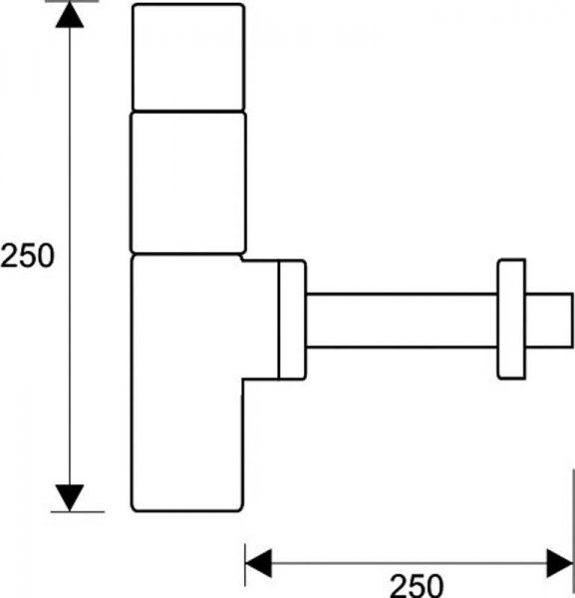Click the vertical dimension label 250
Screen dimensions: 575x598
(x=28, y=255)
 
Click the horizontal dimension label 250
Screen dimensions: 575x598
(x=417, y=585)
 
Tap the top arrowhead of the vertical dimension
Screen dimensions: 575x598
(x=70, y=14)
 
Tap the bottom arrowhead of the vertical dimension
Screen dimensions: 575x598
(x=70, y=497)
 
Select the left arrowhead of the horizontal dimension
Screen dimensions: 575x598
(x=258, y=563)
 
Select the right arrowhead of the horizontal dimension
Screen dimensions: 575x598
(x=560, y=563)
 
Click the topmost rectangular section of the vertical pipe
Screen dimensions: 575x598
(x=188, y=57)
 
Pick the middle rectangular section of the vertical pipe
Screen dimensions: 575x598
(x=188, y=182)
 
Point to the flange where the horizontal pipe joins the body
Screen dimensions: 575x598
(x=292, y=320)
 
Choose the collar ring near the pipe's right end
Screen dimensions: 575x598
(x=511, y=319)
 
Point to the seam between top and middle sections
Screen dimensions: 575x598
(x=188, y=112)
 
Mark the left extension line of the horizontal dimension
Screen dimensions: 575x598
(x=245, y=564)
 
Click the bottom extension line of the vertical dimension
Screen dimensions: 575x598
(x=78, y=512)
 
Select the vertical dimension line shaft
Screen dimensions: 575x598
(x=70, y=256)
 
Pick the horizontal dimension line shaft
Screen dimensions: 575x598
(x=410, y=563)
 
